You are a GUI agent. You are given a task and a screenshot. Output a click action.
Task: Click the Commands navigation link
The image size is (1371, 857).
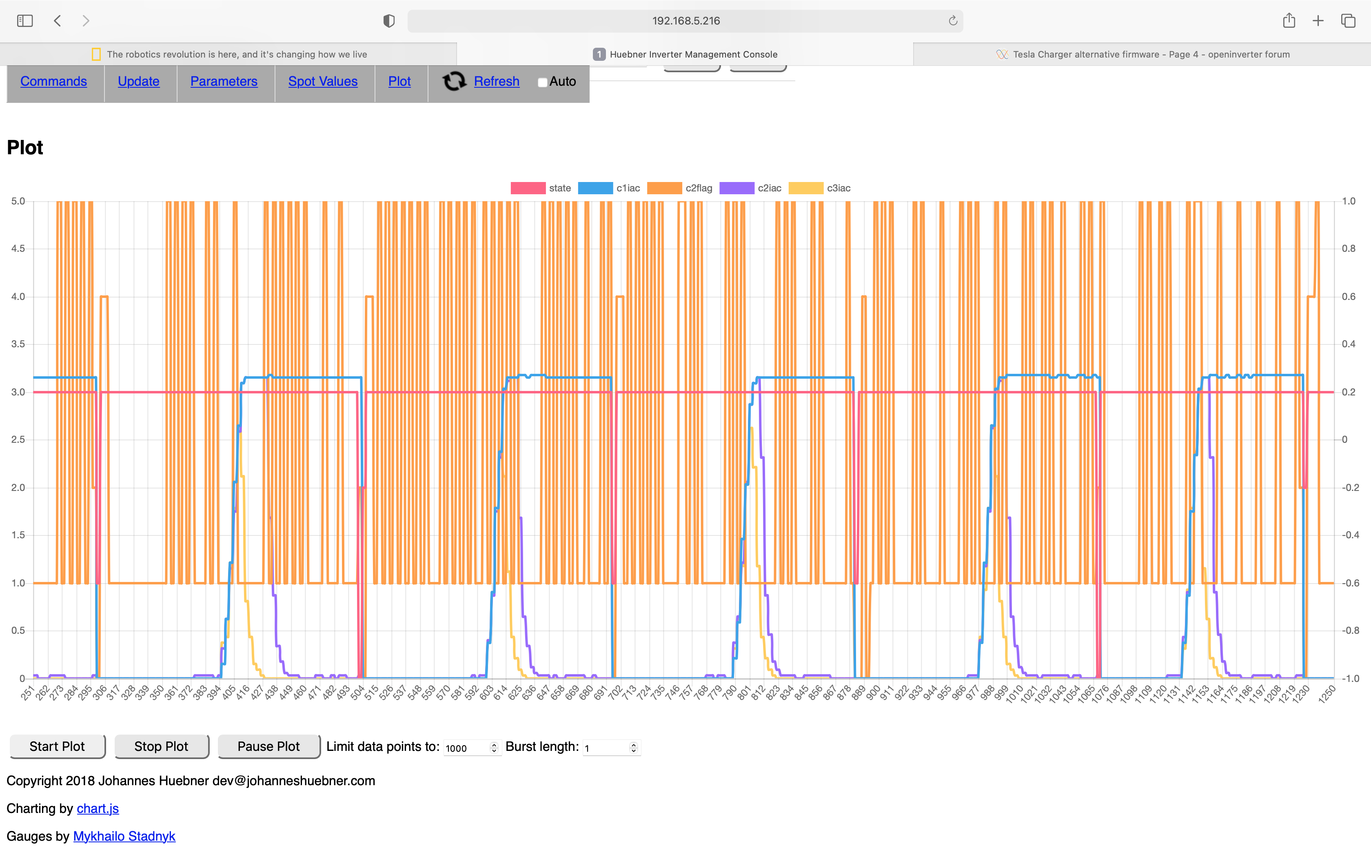pyautogui.click(x=53, y=82)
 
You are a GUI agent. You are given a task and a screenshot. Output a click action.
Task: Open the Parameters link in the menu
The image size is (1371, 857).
pyautogui.click(x=224, y=82)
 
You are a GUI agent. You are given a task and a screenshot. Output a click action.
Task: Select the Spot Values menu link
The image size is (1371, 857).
pyautogui.click(x=323, y=82)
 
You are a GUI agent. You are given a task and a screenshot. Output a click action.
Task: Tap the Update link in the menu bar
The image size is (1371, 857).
pyautogui.click(x=139, y=82)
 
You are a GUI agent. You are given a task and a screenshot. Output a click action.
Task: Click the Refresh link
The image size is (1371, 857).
pyautogui.click(x=496, y=82)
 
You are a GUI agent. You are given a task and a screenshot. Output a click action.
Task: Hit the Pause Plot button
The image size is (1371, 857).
pyautogui.click(x=268, y=746)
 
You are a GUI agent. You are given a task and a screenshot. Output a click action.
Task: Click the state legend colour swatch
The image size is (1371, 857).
pyautogui.click(x=528, y=188)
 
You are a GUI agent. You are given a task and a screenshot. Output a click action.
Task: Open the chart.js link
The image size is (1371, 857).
pyautogui.click(x=98, y=809)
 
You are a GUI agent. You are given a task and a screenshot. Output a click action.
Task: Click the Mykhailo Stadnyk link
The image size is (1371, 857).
pyautogui.click(x=124, y=837)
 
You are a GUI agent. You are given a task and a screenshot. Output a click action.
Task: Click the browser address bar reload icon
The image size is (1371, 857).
pyautogui.click(x=953, y=21)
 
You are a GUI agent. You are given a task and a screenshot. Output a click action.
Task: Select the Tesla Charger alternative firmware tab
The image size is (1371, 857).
pyautogui.click(x=1150, y=54)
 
